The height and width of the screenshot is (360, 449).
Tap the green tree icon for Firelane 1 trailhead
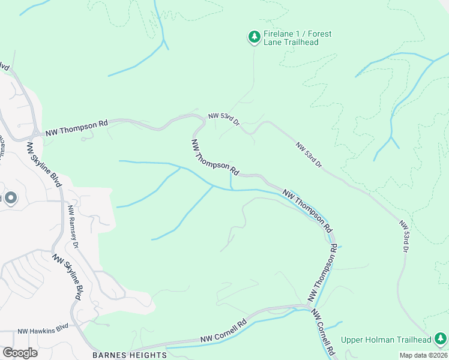click(x=254, y=37)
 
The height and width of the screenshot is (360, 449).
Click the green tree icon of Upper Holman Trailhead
click(x=440, y=338)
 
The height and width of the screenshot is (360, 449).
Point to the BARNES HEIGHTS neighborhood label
click(x=130, y=355)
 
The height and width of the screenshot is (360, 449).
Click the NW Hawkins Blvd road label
click(x=43, y=331)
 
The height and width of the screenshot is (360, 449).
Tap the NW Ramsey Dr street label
click(x=73, y=227)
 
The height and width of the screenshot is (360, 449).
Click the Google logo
click(x=20, y=353)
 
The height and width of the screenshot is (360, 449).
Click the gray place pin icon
click(x=10, y=199)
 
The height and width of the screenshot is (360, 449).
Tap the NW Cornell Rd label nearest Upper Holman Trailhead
click(x=324, y=334)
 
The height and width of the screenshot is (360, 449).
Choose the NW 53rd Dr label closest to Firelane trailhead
click(x=224, y=118)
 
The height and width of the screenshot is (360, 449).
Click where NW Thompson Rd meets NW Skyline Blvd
click(x=37, y=133)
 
